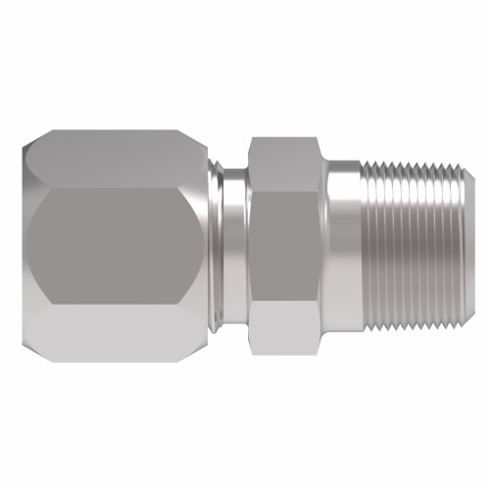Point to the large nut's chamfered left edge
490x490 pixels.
click(27, 245)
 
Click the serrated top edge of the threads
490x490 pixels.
click(412, 168)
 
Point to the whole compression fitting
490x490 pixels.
click(245, 245)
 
